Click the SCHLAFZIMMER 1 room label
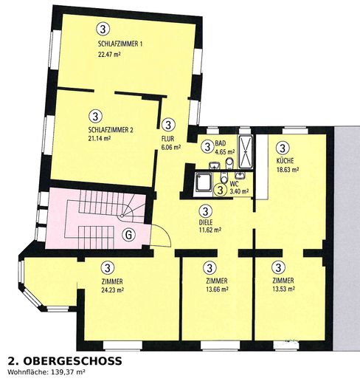coord(120,44)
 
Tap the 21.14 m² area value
coord(100,138)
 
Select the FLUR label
coord(167,139)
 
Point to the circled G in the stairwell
coord(128,235)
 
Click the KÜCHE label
coord(285,161)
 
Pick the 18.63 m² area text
coord(288,170)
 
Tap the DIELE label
coord(206,222)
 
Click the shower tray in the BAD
coord(246,151)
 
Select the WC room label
coord(234,184)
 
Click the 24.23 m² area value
coord(112,290)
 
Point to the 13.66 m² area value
coord(217,289)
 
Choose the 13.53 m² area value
coord(284,289)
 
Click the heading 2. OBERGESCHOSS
coord(65,361)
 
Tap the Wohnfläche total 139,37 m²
coord(46,372)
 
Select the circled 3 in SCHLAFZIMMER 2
coord(96,116)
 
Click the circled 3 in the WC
coord(221,190)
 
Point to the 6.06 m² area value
coord(171,148)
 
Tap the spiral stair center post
coord(122,216)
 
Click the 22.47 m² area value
coord(109,54)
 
